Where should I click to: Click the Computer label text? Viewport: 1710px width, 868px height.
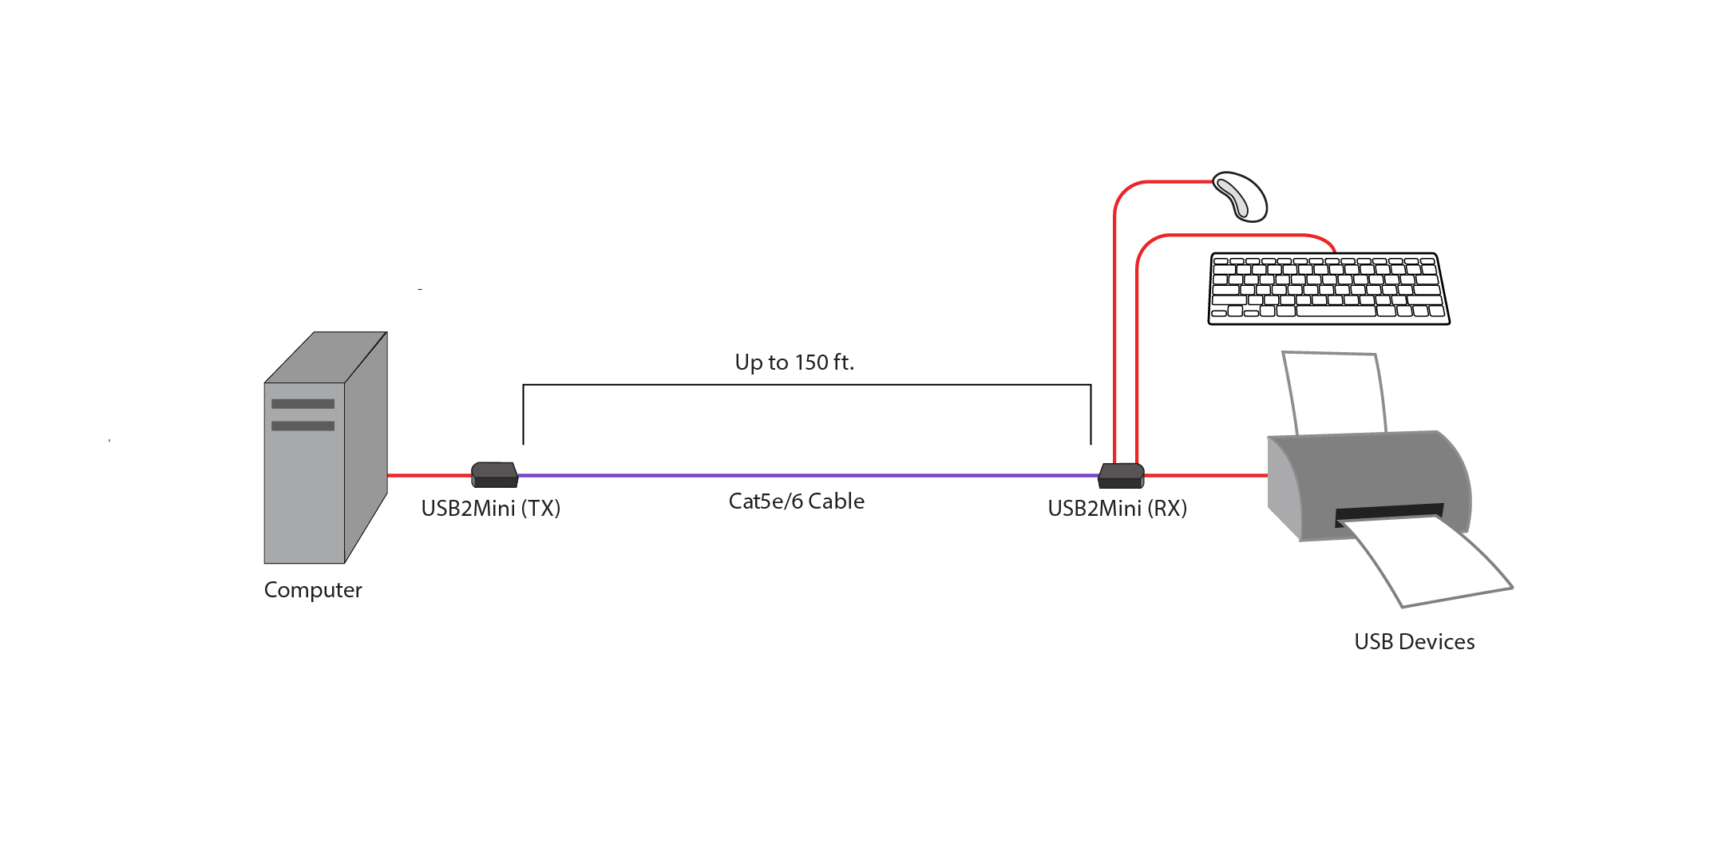coord(313,590)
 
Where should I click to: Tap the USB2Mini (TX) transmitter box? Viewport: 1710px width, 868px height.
coord(495,474)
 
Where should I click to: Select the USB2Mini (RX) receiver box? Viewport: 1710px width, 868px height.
coord(1121,475)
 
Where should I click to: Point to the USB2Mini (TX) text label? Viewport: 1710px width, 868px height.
coord(490,509)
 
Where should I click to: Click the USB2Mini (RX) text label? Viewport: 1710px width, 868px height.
coord(1117,509)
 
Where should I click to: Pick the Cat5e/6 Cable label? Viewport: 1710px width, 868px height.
coord(796,501)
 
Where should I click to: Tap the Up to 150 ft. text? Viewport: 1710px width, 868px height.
coord(794,363)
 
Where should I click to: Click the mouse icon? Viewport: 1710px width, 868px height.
coord(1241,196)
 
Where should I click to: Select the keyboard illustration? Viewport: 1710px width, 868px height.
coord(1328,288)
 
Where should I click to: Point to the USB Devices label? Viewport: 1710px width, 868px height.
coord(1414,642)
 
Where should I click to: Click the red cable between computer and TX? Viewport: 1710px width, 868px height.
coord(429,475)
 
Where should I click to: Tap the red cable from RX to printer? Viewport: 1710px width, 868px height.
coord(1205,475)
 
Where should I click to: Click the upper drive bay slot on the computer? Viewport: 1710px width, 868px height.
coord(303,403)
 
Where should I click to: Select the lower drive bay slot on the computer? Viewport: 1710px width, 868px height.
coord(303,426)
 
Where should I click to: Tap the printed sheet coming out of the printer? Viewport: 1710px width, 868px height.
coord(1429,563)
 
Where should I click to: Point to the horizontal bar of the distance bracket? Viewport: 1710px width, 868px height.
coord(806,385)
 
